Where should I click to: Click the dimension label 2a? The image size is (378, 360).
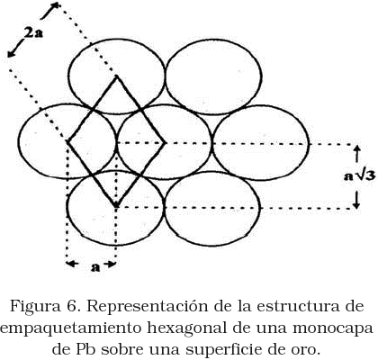tap(33, 32)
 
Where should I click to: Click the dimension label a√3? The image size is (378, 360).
tap(359, 176)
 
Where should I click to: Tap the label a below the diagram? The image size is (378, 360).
tap(95, 266)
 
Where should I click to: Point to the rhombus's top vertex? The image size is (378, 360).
tap(117, 76)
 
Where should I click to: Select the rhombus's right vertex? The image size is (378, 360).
tap(165, 143)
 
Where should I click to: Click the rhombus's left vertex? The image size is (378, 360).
tap(67, 141)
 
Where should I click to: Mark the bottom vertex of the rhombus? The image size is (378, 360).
tap(116, 207)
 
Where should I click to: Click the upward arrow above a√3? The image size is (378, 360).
tap(356, 154)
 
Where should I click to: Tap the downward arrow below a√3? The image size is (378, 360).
tap(356, 199)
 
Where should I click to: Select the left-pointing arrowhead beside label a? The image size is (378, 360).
tap(72, 264)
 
